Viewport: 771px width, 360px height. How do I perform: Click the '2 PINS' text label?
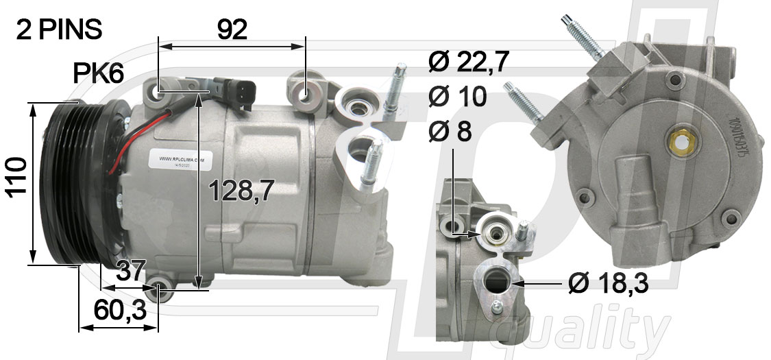(x=59, y=29)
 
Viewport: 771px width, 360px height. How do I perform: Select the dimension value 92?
(x=232, y=29)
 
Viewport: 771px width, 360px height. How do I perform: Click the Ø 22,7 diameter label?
(x=469, y=62)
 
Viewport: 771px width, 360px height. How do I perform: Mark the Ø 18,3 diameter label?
(x=607, y=282)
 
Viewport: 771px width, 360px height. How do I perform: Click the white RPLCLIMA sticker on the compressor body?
(x=182, y=160)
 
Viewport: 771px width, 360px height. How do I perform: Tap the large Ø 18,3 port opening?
(x=496, y=281)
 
